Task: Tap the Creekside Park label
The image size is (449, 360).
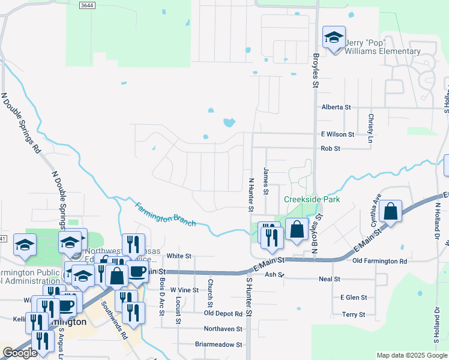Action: click(x=312, y=199)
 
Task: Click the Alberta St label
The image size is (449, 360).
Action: click(x=336, y=107)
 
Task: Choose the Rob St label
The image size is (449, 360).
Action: click(x=330, y=148)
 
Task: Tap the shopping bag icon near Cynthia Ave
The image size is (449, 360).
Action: click(x=390, y=212)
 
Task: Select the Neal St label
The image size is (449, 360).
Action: click(x=330, y=279)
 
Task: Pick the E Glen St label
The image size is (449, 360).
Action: click(x=353, y=297)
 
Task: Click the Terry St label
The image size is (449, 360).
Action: click(x=353, y=314)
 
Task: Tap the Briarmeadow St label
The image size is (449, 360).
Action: click(x=218, y=345)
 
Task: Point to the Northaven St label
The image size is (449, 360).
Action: click(x=223, y=329)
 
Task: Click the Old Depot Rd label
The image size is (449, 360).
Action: click(x=223, y=313)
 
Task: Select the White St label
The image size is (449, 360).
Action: click(x=178, y=256)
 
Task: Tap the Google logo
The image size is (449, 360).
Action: click(x=20, y=353)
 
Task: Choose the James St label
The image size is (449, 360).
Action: click(x=265, y=177)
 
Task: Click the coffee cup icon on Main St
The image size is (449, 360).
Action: click(x=137, y=272)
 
